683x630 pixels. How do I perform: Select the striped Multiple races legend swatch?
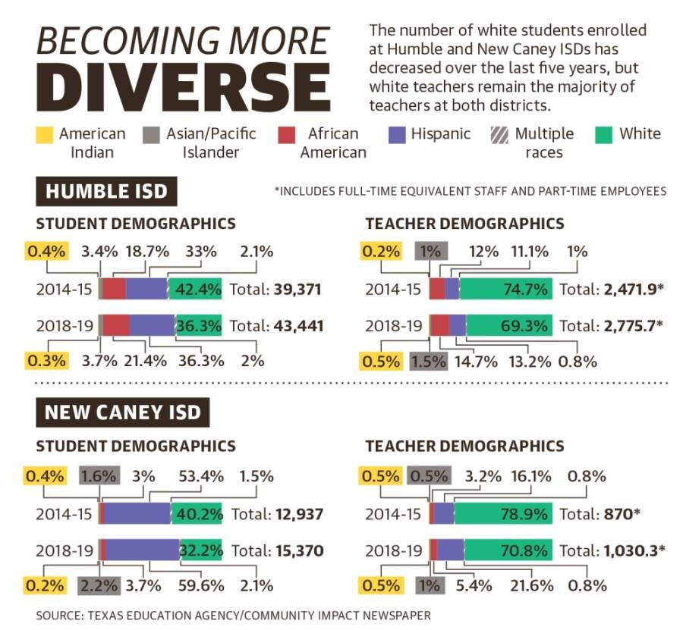click(498, 134)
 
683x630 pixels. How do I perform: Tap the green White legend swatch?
click(603, 134)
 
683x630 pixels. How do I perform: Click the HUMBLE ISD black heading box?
click(106, 191)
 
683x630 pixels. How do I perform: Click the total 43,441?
click(297, 326)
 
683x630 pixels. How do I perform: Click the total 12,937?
click(297, 514)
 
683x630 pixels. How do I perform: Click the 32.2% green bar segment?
click(201, 550)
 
